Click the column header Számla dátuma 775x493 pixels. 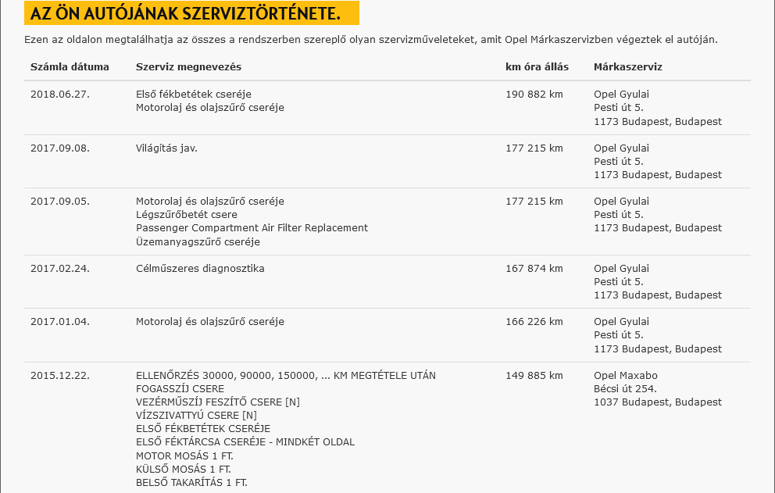tap(70, 67)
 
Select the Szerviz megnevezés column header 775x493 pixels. tap(188, 67)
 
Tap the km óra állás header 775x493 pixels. tap(537, 67)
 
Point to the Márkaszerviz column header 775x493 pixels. tap(627, 67)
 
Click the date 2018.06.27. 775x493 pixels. tap(60, 95)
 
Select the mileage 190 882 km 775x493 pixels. tap(534, 95)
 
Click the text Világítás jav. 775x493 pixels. tap(166, 148)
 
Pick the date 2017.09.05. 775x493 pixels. tap(60, 201)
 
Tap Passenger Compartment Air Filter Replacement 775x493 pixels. tap(252, 228)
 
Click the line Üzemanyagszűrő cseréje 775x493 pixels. tap(198, 242)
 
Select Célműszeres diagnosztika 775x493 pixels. tap(200, 269)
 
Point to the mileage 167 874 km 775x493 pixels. tap(534, 269)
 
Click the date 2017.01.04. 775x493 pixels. tap(60, 322)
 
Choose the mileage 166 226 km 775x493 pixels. tap(534, 322)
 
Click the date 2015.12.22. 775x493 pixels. tap(60, 375)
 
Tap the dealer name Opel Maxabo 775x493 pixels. tap(626, 375)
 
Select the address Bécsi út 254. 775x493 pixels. tap(625, 388)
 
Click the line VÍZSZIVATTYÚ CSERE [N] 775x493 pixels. tap(196, 415)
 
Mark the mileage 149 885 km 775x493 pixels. tap(534, 375)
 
